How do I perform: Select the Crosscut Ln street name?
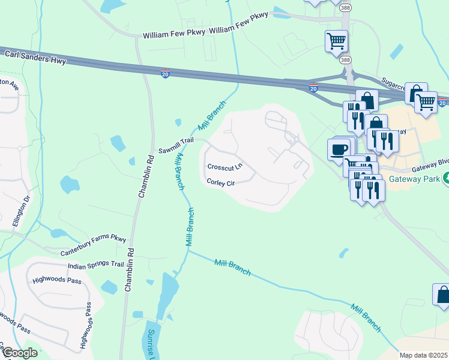224,166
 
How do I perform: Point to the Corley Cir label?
220,182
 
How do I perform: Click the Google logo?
19,353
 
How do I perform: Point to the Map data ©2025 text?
423,355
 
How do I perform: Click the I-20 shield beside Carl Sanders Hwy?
166,74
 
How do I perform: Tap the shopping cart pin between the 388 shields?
336,41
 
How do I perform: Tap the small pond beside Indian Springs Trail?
109,287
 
